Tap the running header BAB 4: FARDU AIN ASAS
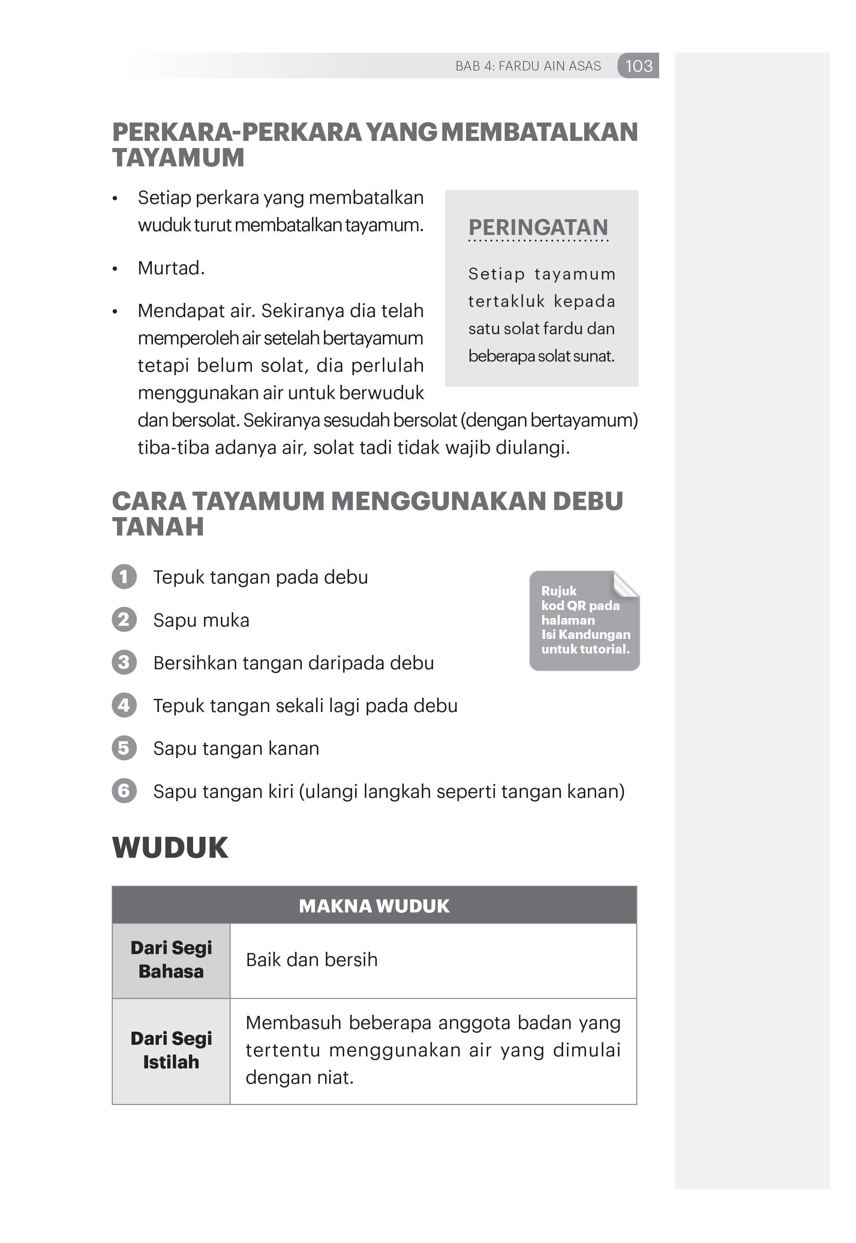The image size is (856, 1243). pyautogui.click(x=528, y=66)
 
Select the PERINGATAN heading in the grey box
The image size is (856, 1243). pyautogui.click(x=538, y=227)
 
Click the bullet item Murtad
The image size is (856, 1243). pyautogui.click(x=171, y=268)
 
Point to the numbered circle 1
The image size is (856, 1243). pyautogui.click(x=124, y=577)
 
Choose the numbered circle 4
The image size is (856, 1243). pyautogui.click(x=124, y=705)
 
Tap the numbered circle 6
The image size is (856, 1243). pyautogui.click(x=124, y=791)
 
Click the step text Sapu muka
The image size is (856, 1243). pyautogui.click(x=201, y=620)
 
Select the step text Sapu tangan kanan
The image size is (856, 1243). pyautogui.click(x=236, y=748)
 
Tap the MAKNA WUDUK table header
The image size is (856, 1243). pyautogui.click(x=374, y=906)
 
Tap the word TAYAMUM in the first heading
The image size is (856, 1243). pyautogui.click(x=178, y=158)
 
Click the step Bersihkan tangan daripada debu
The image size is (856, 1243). pyautogui.click(x=293, y=663)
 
